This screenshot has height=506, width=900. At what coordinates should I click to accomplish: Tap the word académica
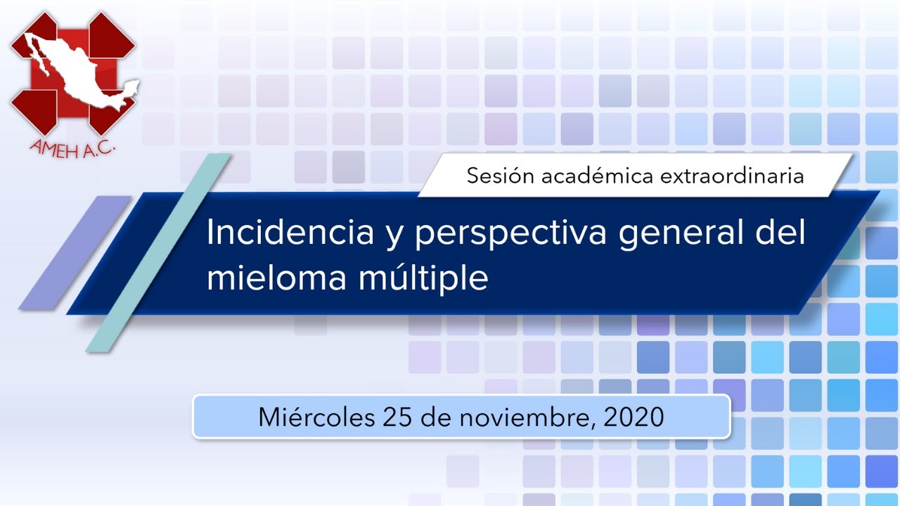[x=597, y=176]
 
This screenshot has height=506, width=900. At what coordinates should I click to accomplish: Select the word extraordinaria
[x=732, y=176]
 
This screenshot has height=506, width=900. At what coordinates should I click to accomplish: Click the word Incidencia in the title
[x=290, y=232]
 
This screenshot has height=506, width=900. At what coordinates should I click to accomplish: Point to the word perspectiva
[x=510, y=235]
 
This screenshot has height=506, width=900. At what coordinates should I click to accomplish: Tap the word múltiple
[x=423, y=278]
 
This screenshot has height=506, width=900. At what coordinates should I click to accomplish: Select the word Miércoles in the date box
[x=316, y=417]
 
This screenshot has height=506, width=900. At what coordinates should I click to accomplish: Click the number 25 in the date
[x=397, y=417]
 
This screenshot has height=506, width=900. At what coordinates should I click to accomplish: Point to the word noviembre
[x=527, y=417]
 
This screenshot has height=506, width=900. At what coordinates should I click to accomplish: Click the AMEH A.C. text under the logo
[x=72, y=149]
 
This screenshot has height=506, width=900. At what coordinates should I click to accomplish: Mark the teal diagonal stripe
[x=158, y=253]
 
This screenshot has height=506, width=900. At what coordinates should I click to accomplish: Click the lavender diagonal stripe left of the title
[x=75, y=253]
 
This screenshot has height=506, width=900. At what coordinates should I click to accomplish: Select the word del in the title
[x=780, y=232]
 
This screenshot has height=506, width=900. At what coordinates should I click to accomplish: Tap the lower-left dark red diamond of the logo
[x=34, y=112]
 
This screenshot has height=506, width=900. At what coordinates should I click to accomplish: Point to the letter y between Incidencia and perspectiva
[x=394, y=238]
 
